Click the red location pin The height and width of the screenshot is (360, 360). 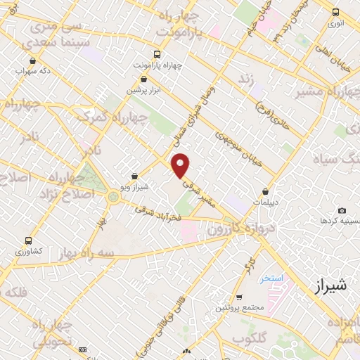(181, 165)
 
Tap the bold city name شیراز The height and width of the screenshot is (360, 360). (328, 285)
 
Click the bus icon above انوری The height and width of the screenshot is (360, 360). (335, 12)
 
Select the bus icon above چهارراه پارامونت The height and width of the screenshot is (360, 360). (156, 53)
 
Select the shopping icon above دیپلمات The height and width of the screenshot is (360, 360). (265, 191)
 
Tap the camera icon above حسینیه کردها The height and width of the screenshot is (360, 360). (342, 210)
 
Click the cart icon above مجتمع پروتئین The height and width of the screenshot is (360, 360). (240, 297)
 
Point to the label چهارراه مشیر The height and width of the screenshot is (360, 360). (312, 90)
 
